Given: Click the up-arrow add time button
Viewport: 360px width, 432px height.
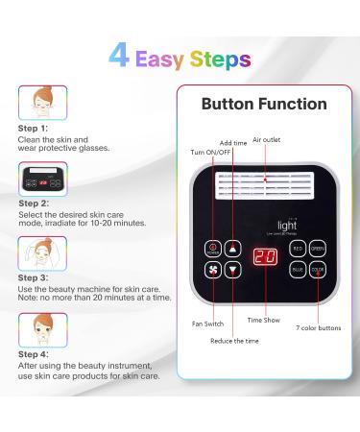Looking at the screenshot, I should click(x=231, y=248).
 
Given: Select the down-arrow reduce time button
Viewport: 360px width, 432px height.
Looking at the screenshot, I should click(x=231, y=270).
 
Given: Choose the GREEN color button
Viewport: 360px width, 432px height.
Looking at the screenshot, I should click(x=317, y=248).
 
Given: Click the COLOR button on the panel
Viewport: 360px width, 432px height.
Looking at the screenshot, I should click(x=317, y=270).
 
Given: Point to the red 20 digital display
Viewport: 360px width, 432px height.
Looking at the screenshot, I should click(x=265, y=258).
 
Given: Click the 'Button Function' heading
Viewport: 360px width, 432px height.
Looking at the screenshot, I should click(x=264, y=104).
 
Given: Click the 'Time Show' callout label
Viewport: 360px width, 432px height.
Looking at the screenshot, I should click(x=264, y=320).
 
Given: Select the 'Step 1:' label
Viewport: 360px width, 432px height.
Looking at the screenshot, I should click(x=34, y=128).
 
